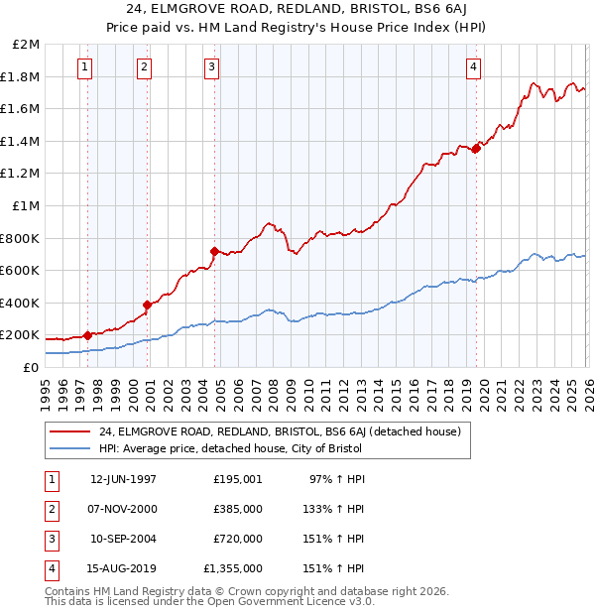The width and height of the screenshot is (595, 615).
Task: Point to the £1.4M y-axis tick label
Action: [x=22, y=141]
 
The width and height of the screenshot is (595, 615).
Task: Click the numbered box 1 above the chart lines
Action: [x=85, y=67]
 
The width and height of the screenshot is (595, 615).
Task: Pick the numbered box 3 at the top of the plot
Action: [x=212, y=67]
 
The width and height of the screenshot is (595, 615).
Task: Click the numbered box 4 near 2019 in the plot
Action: [x=474, y=67]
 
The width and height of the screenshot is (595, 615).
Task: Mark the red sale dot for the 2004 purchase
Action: [x=214, y=251]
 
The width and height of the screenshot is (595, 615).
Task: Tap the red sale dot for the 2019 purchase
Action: [x=476, y=149]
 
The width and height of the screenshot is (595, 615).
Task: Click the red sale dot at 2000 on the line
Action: [x=147, y=305]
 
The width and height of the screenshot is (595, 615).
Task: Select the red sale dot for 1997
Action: [x=87, y=335]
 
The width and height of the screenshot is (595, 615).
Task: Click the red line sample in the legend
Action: [x=69, y=432]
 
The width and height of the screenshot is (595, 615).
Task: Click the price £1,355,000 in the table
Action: [x=233, y=569]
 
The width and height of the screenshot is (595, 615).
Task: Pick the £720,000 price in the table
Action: [x=238, y=540]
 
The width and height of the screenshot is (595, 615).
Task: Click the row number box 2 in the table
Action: [x=50, y=509]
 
